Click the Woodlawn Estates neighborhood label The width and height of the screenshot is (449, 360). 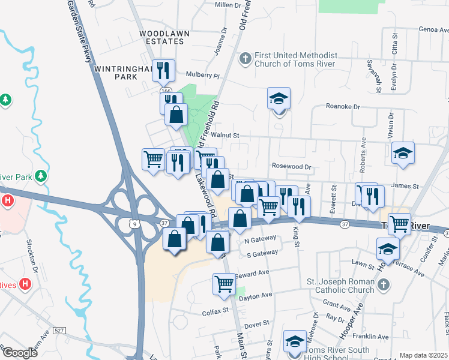(x=161, y=37)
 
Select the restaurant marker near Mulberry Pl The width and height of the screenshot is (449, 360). (x=163, y=71)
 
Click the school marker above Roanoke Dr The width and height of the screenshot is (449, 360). (x=279, y=98)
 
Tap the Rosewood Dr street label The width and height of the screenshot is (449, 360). (x=293, y=167)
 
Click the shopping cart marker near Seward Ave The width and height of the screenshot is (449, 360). (x=224, y=283)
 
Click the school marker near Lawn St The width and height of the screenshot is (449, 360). (x=388, y=248)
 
